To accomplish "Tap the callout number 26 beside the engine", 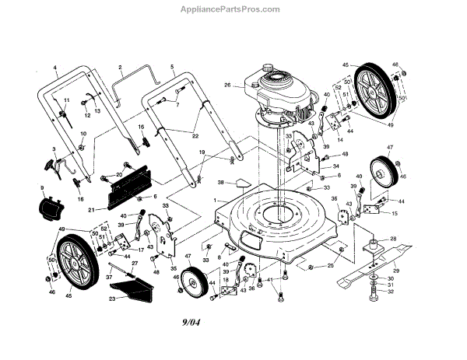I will point(227,86).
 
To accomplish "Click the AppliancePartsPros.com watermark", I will point(233,10).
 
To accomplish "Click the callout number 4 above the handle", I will point(55,68).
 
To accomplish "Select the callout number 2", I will point(121,68).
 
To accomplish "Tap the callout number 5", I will point(172,68).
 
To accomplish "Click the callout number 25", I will point(330,267).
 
